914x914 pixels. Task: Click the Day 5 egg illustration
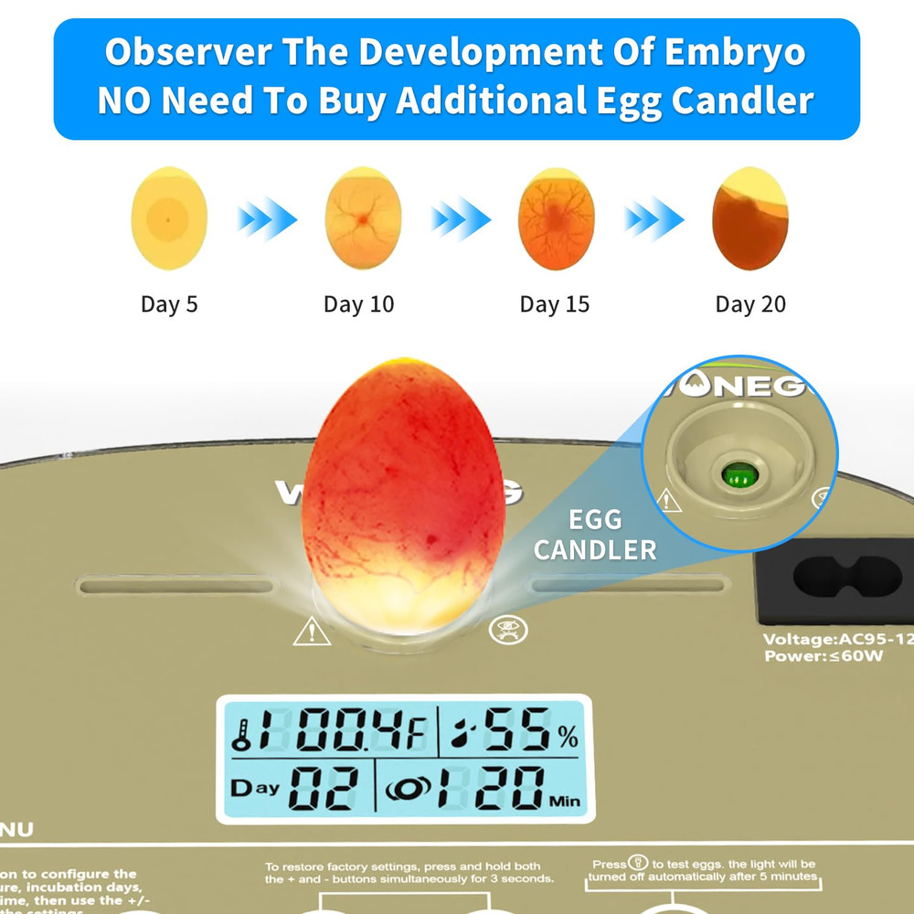pyautogui.click(x=169, y=218)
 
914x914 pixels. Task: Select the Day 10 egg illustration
pyautogui.click(x=363, y=218)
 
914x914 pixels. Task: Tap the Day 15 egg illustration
pyautogui.click(x=556, y=218)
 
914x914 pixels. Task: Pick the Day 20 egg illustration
pyautogui.click(x=749, y=218)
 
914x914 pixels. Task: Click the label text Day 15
pyautogui.click(x=555, y=304)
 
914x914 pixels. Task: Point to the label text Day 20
pyautogui.click(x=750, y=304)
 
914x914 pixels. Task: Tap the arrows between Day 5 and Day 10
pyautogui.click(x=267, y=219)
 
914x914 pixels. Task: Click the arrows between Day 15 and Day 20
pyautogui.click(x=654, y=219)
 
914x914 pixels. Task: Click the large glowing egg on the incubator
pyautogui.click(x=402, y=494)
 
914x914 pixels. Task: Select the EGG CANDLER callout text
pyautogui.click(x=595, y=536)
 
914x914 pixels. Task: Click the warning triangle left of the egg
pyautogui.click(x=311, y=632)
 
